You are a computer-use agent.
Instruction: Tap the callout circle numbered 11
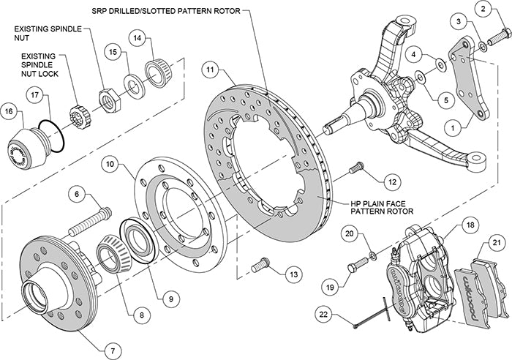211,72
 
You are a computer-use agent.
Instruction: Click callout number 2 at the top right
483,10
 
